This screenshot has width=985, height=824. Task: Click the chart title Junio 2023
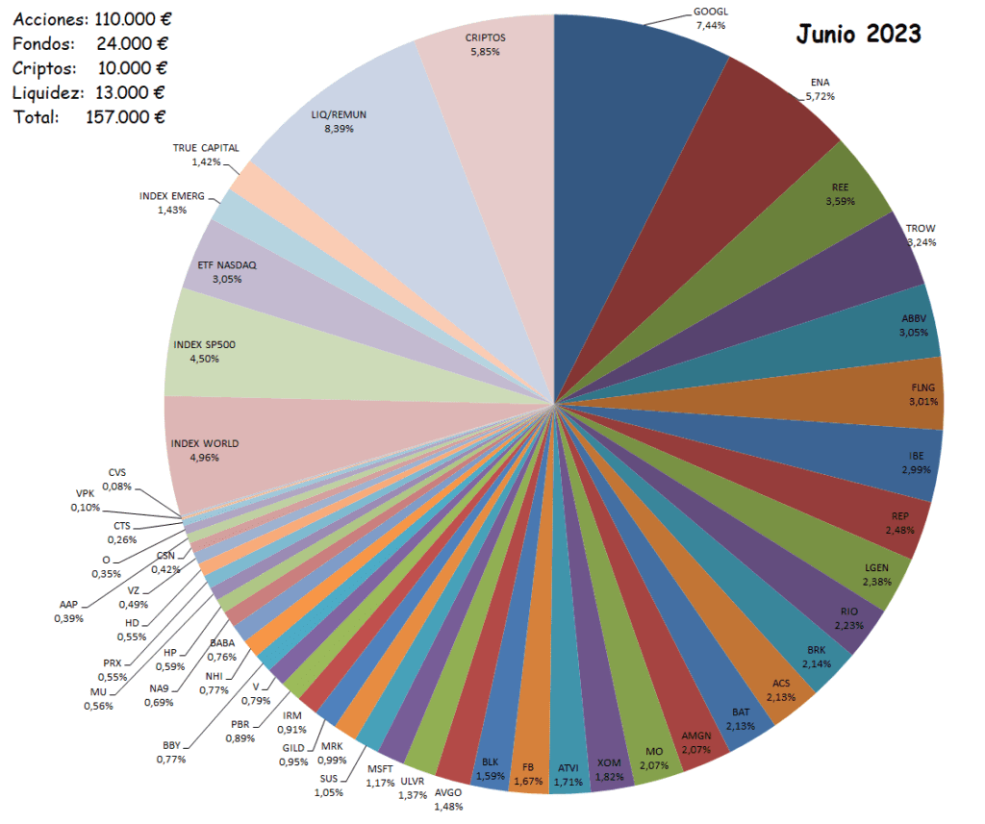858,34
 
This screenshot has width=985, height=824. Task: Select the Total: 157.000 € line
89,116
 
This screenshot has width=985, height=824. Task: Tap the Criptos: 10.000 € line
89,67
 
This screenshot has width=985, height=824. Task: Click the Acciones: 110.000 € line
89,18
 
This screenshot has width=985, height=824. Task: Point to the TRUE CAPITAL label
206,148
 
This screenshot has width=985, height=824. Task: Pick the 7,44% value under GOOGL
711,25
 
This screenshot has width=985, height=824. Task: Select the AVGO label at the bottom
448,793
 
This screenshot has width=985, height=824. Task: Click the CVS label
116,473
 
